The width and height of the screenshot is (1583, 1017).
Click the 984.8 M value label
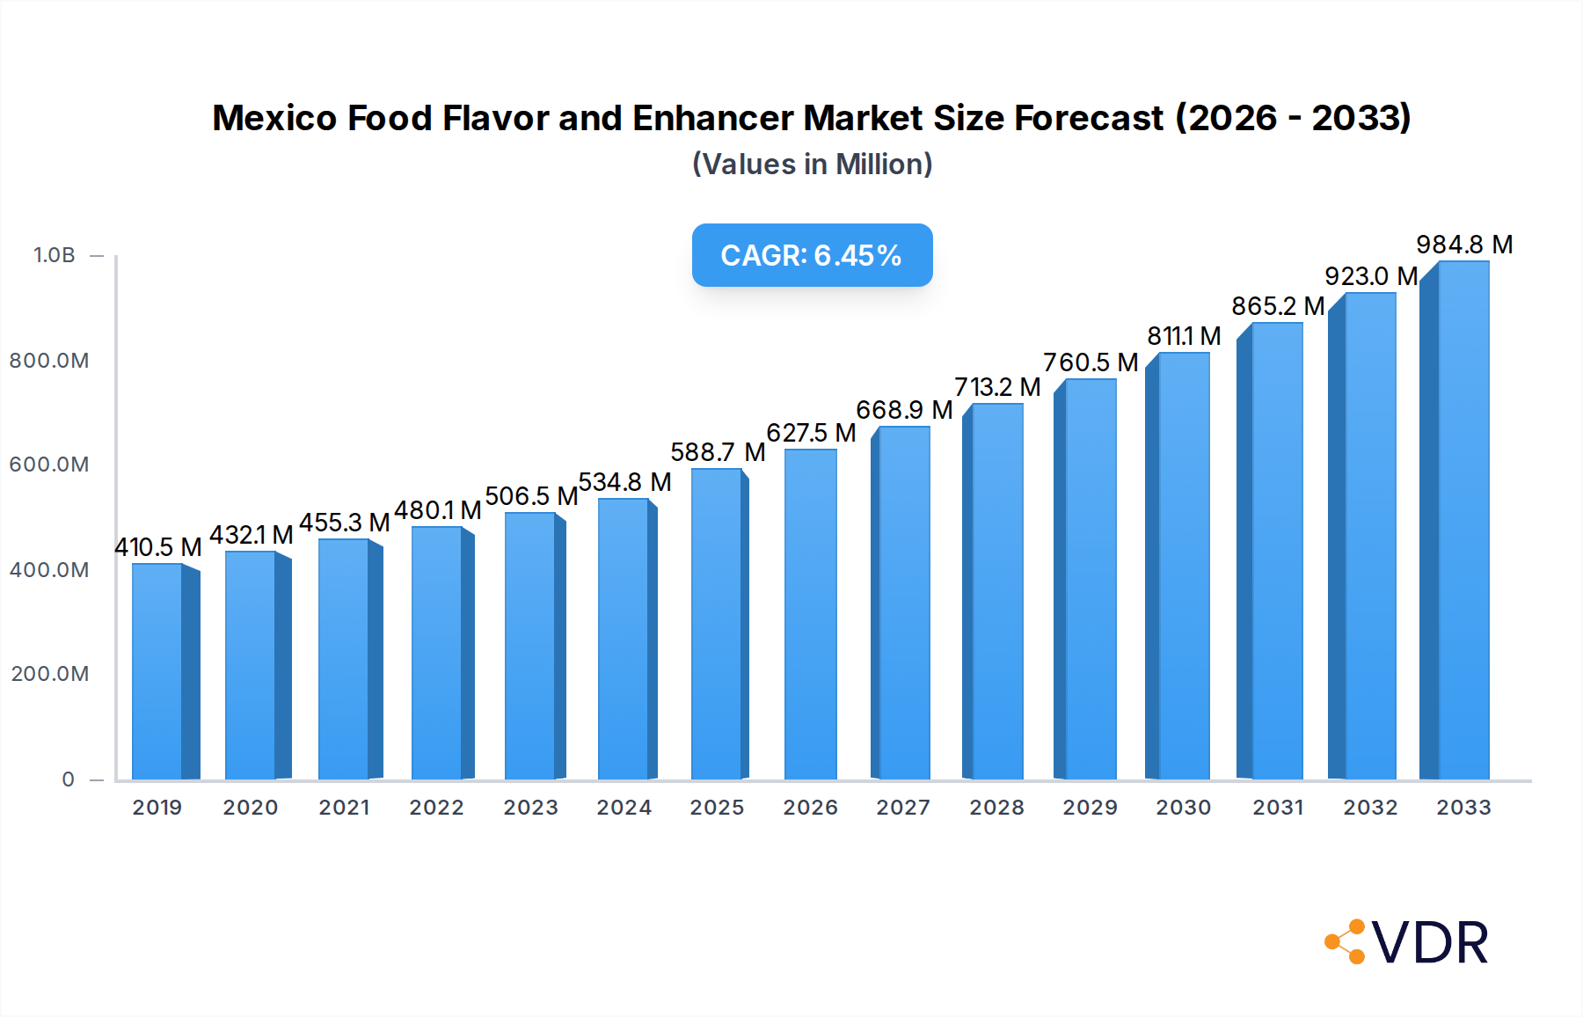1464,245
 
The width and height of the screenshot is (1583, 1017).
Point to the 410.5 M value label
158,547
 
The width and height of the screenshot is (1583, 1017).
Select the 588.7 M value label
718,452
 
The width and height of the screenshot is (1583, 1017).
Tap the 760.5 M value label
1091,362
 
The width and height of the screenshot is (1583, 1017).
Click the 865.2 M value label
1278,306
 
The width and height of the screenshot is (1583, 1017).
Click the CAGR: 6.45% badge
812,255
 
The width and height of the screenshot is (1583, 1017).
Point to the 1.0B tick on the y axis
55,255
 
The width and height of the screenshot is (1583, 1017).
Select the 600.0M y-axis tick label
49,465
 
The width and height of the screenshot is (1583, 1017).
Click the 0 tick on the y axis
69,779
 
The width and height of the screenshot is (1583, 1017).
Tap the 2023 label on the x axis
530,808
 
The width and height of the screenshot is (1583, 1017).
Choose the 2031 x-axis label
1278,808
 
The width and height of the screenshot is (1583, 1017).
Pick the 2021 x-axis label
344,808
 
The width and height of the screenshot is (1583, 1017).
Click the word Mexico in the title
274,118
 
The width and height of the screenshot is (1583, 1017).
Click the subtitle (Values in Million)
812,165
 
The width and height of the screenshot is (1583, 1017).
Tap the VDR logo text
1430,943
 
